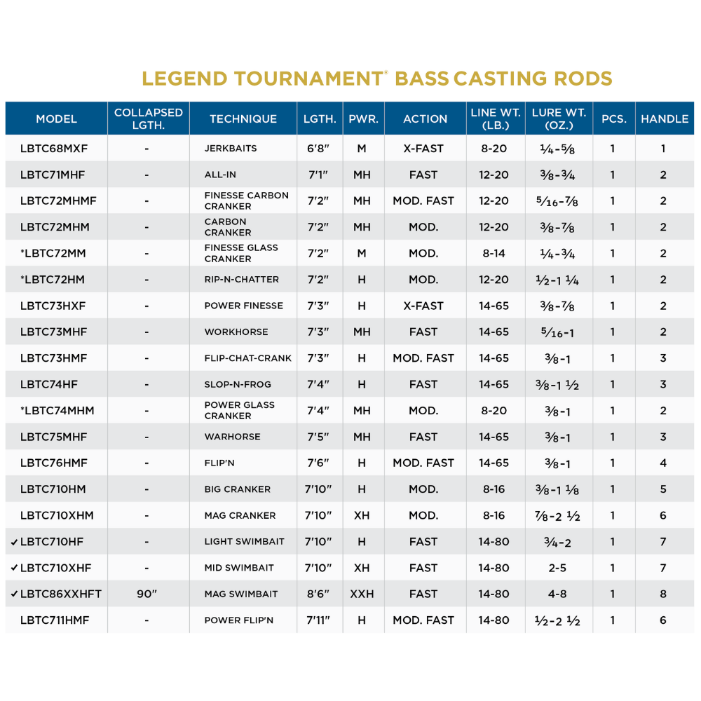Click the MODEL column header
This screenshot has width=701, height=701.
point(56,118)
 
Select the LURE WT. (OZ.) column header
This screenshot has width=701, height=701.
point(559,118)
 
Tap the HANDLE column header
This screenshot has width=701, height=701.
point(664,118)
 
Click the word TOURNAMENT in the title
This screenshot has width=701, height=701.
point(308,78)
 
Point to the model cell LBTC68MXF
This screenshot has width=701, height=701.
point(54,149)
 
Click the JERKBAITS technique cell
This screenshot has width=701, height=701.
point(231,149)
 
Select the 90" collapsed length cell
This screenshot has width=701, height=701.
point(147,594)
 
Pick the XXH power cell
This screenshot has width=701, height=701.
point(362,594)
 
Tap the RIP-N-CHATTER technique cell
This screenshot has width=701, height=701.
point(242,280)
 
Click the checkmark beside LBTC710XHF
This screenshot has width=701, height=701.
point(15,568)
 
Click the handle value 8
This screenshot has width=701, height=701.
point(663,594)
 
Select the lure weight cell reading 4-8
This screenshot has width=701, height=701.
point(557,594)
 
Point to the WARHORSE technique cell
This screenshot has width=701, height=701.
point(233,437)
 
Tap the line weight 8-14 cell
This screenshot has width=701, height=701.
point(494,253)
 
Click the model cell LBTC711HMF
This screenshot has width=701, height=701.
point(55,620)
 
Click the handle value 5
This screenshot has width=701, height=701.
point(663,489)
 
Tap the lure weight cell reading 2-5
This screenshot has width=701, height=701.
point(557,568)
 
